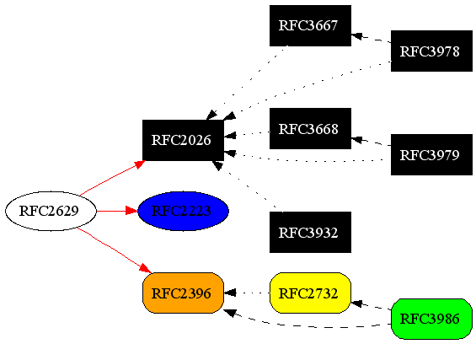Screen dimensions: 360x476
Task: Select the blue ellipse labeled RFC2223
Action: (183, 211)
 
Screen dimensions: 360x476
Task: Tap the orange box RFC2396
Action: (183, 293)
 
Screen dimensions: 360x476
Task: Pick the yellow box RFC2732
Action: (309, 293)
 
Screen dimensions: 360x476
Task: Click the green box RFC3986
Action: (431, 319)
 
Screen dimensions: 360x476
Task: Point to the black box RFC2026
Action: (183, 140)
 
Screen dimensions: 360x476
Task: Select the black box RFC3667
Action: (309, 25)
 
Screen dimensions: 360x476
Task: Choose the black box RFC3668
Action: (309, 129)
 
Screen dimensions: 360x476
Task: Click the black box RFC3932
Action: (309, 233)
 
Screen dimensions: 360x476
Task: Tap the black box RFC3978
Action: (431, 51)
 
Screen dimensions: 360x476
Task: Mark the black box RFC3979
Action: (431, 154)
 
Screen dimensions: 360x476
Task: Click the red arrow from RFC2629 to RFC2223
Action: (116, 211)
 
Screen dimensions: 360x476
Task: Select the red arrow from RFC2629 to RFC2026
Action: (114, 179)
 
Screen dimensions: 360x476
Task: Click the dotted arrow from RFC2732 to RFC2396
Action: (246, 293)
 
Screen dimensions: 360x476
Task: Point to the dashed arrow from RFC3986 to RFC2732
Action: (371, 305)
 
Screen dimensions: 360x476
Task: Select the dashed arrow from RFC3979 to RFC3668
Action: (371, 142)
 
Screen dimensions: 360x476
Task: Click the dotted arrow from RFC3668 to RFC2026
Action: (246, 133)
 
